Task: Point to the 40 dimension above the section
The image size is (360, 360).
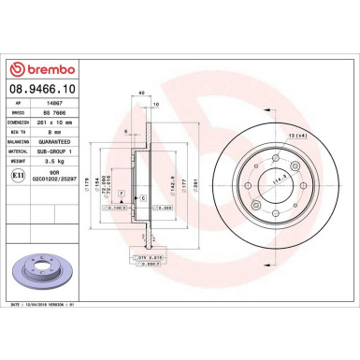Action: coord(141,94)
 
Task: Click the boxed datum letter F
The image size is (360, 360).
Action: coord(121,190)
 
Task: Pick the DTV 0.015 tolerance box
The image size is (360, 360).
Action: coord(143,255)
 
